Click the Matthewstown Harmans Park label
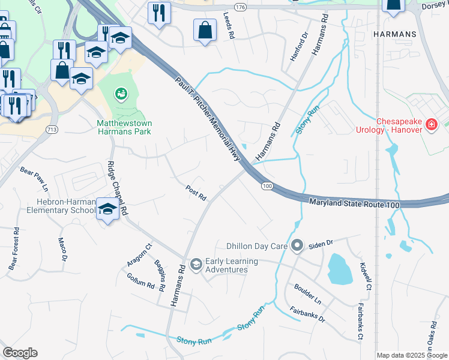[x=124, y=127]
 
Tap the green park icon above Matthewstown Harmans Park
[x=121, y=94]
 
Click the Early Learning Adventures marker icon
[x=196, y=264]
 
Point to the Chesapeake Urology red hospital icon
[x=430, y=125]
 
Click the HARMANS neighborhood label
[x=394, y=35]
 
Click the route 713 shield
[x=52, y=129]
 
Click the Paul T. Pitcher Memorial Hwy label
[x=208, y=118]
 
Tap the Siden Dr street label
[x=321, y=244]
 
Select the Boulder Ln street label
[x=308, y=293]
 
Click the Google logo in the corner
[x=20, y=353]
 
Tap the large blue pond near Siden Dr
[x=340, y=269]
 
